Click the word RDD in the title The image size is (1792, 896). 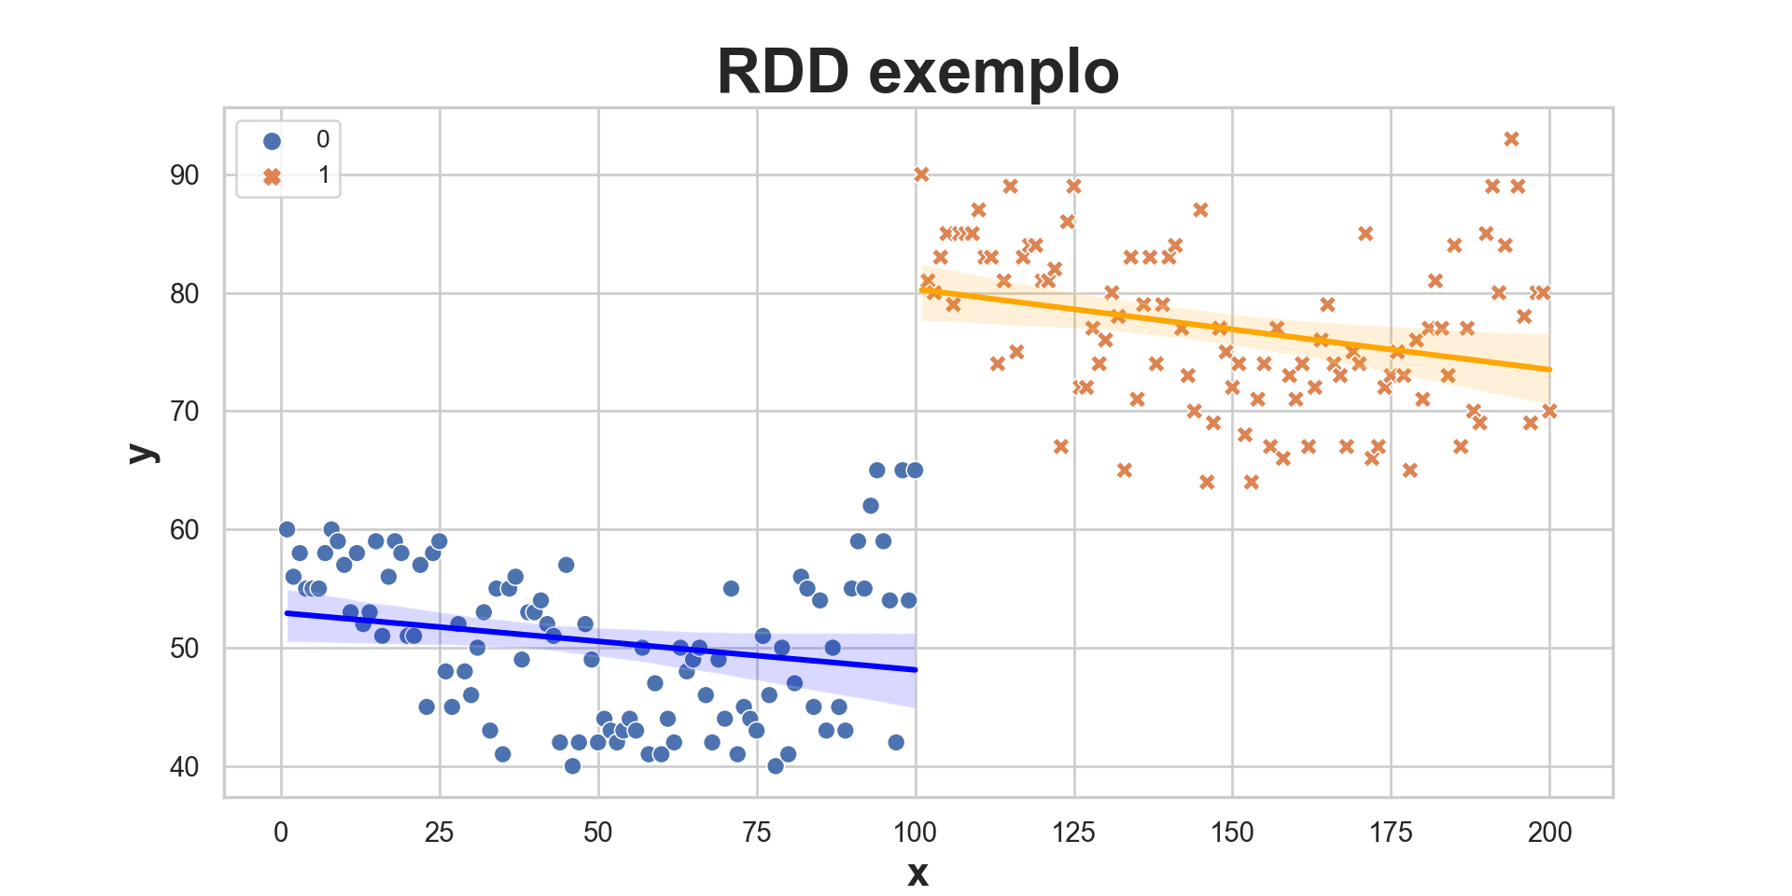(783, 72)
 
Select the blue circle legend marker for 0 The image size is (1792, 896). (273, 141)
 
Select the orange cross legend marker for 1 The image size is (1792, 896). (273, 176)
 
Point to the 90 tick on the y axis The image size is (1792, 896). (185, 175)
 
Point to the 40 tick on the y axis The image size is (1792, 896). (185, 767)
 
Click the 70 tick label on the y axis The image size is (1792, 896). (185, 412)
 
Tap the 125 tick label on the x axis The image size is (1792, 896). (1073, 833)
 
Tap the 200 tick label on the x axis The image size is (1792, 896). (1549, 833)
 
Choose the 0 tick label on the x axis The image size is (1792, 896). (281, 833)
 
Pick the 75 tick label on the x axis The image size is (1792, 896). (756, 833)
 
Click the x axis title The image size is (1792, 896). (917, 874)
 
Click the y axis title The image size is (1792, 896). (143, 453)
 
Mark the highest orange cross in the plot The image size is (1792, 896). (1511, 139)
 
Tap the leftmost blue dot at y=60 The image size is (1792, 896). (287, 529)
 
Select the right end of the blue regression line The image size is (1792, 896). (916, 669)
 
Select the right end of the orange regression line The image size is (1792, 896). (1549, 370)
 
